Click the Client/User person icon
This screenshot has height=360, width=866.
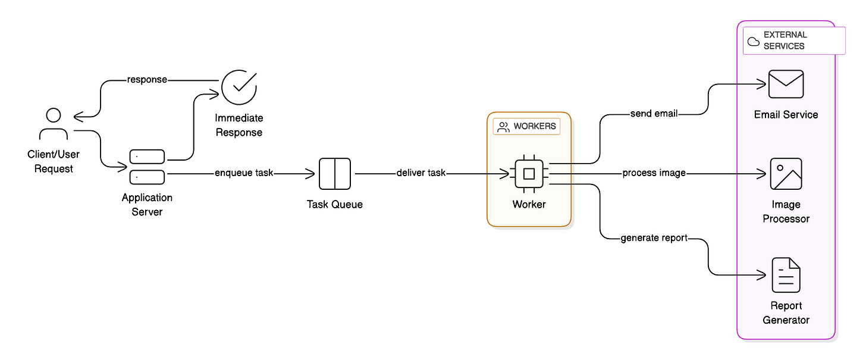(54, 124)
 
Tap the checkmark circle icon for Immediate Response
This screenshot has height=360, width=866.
(239, 86)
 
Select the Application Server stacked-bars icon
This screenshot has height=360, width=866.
(147, 167)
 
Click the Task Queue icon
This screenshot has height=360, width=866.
(335, 174)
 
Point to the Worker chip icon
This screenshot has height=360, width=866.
(529, 174)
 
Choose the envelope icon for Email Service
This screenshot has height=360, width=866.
(786, 84)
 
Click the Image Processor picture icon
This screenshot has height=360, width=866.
(786, 174)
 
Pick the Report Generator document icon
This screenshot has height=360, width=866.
(786, 275)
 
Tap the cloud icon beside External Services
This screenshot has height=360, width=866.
(753, 41)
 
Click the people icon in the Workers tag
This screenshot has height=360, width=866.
(504, 127)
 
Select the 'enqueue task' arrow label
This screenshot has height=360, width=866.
(244, 174)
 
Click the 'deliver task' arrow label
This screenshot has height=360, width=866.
(421, 174)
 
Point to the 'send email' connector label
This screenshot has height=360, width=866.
(654, 114)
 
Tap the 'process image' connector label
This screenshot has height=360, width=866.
(654, 173)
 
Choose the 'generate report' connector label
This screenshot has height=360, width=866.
(654, 238)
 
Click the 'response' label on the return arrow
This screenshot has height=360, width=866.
(146, 80)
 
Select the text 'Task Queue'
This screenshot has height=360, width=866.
(335, 205)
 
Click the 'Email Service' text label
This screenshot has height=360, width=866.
(786, 115)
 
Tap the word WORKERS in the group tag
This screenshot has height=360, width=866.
(535, 126)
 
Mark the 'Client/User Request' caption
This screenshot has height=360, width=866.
(54, 161)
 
